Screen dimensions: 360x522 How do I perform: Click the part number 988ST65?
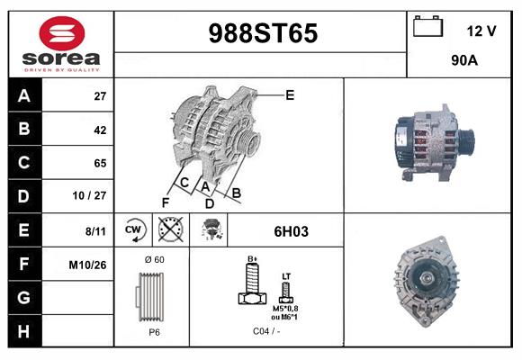coord(263,34)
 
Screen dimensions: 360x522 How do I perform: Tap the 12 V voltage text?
coord(481,31)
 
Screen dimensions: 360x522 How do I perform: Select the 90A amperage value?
coord(463,63)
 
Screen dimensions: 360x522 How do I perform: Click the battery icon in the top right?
coord(427,28)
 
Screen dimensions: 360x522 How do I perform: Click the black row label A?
coord(23,95)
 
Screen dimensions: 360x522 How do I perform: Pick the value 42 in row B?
coord(100,130)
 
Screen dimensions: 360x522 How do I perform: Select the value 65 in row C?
coord(100,163)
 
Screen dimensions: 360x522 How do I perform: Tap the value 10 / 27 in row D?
coord(94,196)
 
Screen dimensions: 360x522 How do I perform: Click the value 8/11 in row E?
coord(95,231)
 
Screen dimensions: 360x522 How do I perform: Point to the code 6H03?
coord(291,231)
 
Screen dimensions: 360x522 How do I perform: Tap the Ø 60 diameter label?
coord(153,259)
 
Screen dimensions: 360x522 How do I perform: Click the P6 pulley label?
coord(153,331)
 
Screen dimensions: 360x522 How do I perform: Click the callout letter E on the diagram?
coord(290,94)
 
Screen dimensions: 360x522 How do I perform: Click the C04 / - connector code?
coord(265,331)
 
